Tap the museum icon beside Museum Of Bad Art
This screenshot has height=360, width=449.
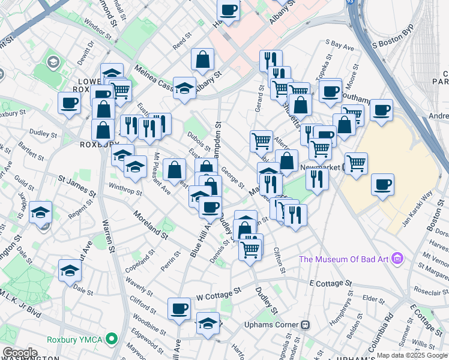coord(396,259)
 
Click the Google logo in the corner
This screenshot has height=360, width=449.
coord(19,353)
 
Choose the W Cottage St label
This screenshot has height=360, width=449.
coord(219,293)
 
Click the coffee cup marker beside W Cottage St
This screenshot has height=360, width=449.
coord(179,308)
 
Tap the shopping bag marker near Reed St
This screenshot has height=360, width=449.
coord(203,59)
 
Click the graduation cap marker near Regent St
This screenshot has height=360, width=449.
coord(40,212)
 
